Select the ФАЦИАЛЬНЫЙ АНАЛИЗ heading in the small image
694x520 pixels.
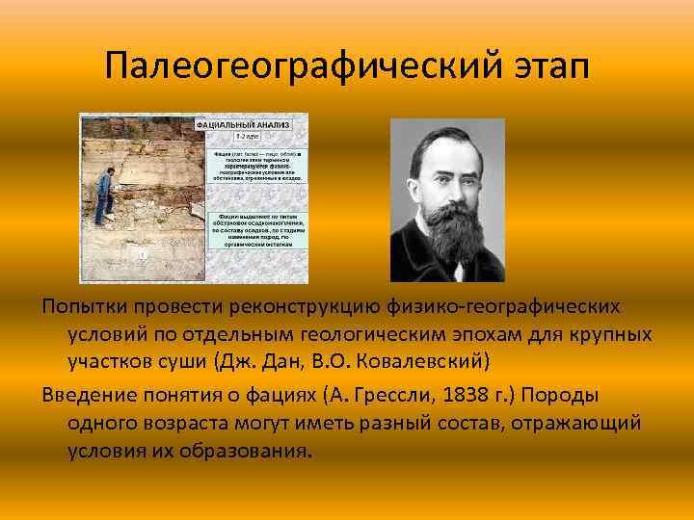click(241, 125)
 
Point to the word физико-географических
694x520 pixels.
click(519, 305)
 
